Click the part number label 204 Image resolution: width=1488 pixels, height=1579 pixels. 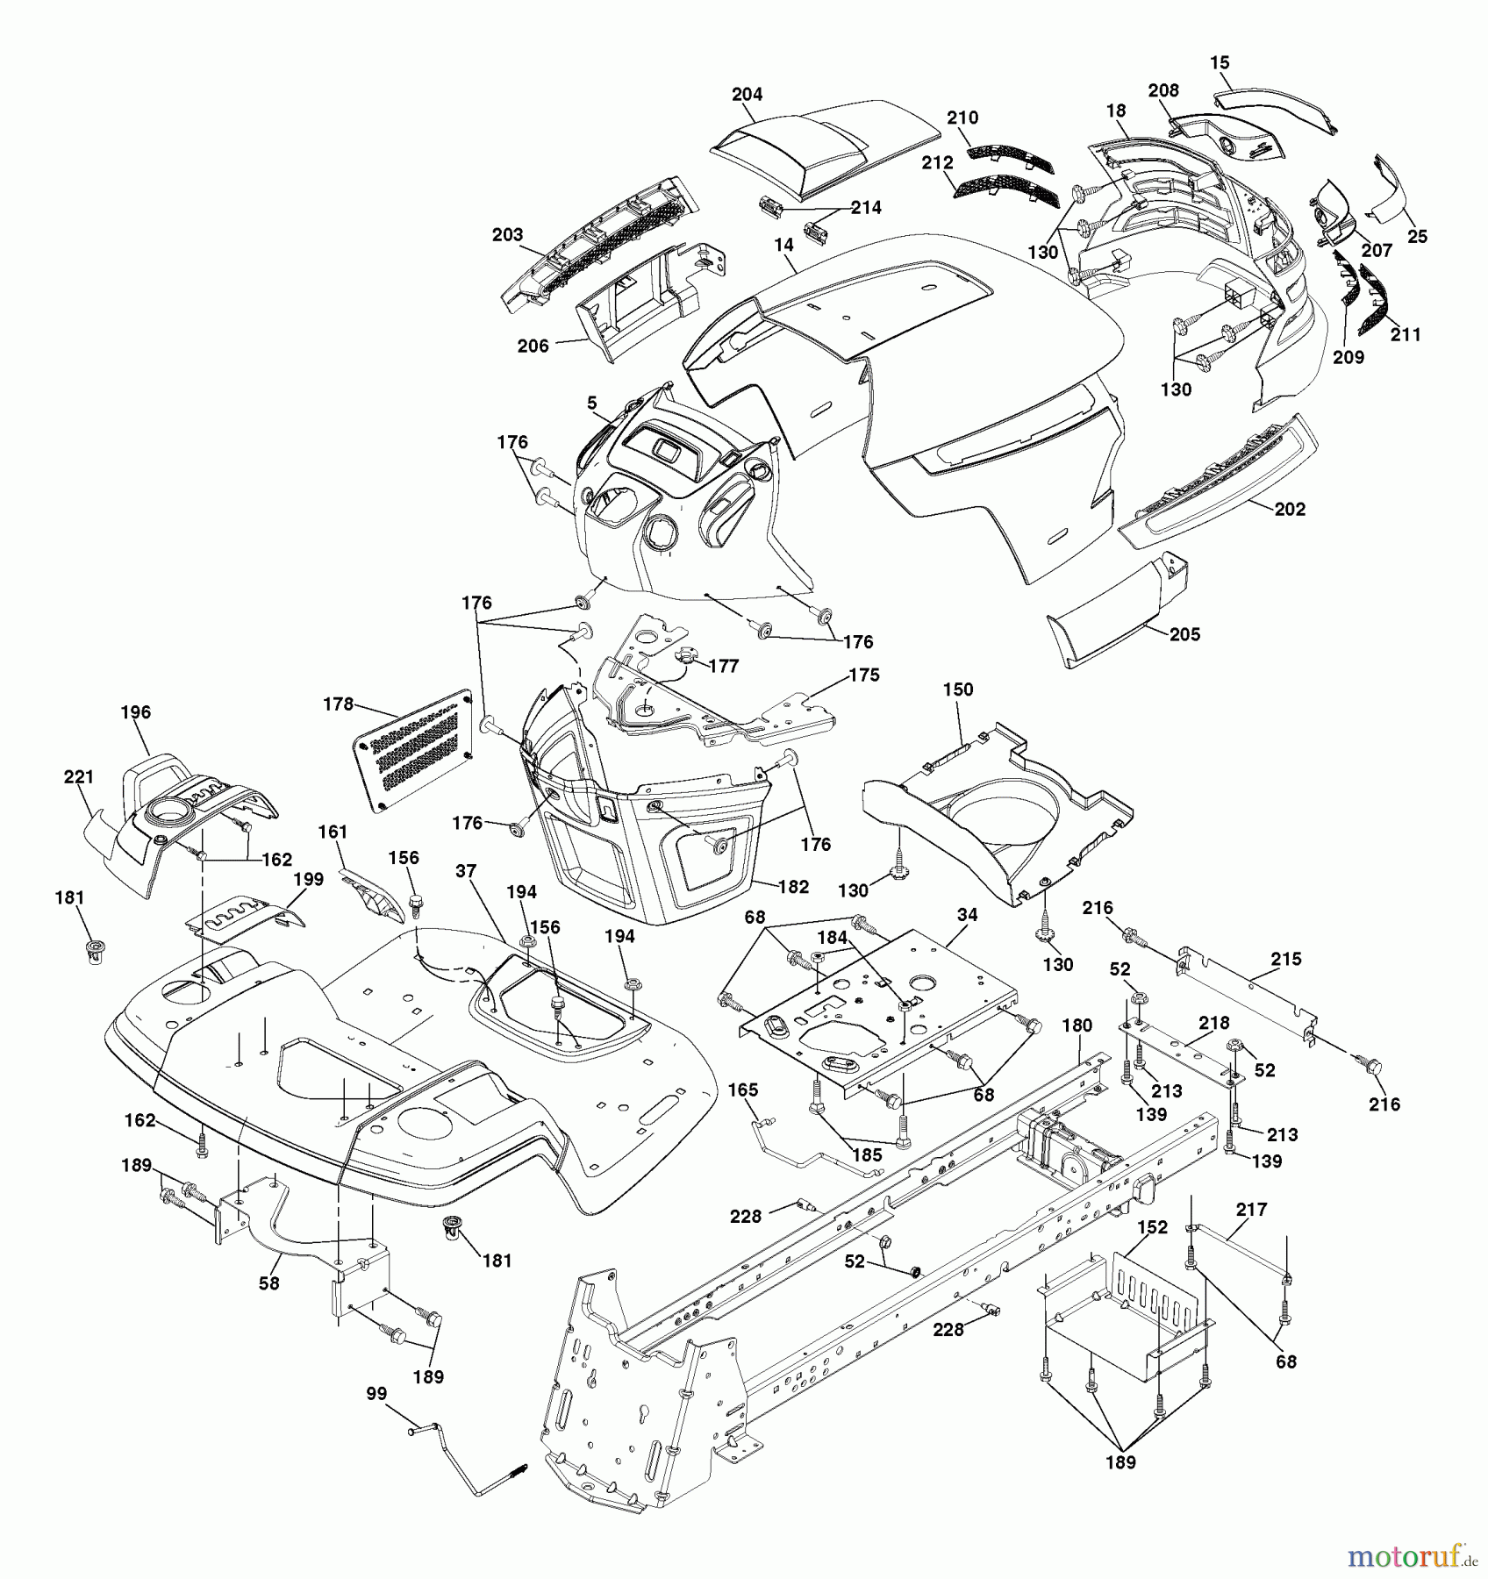click(747, 94)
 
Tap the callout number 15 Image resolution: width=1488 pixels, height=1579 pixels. click(1220, 63)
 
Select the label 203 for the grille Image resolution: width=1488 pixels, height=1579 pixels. click(507, 234)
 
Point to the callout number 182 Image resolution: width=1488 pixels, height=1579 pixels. click(793, 887)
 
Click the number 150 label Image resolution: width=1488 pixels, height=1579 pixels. click(958, 689)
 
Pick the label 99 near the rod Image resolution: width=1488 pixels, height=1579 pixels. click(376, 1394)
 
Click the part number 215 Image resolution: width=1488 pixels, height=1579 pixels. click(1286, 959)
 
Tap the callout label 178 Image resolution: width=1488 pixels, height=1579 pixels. click(338, 704)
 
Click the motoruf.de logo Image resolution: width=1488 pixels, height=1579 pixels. click(1413, 1557)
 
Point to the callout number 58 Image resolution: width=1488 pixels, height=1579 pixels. click(268, 1282)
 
